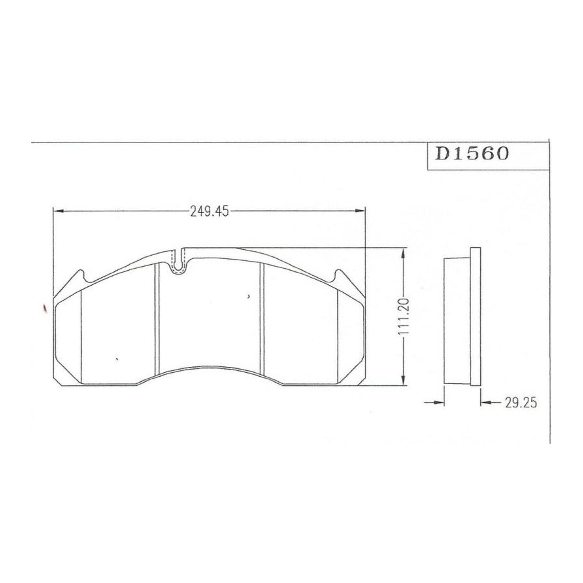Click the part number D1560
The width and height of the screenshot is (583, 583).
point(472,153)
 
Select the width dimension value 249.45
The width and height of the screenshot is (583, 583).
point(210,211)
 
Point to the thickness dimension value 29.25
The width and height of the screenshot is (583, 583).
point(521,402)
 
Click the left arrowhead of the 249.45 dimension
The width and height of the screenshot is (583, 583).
point(59,211)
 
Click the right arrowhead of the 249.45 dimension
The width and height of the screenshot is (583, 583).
point(360,211)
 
